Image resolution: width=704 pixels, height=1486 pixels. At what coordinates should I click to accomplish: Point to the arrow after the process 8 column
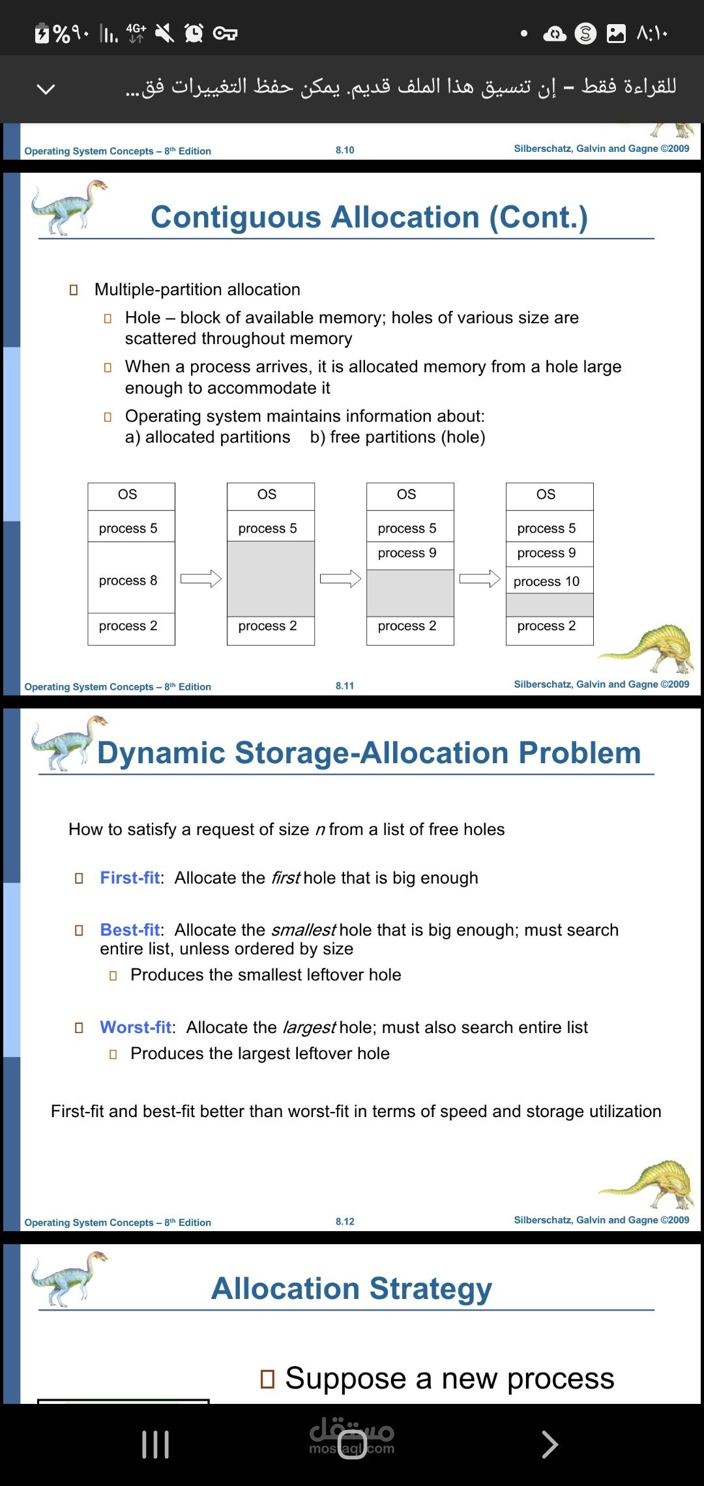coord(201,579)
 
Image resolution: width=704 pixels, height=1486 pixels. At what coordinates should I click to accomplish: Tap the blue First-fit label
coord(130,878)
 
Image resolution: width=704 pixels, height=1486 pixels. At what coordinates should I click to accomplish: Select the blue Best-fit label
coord(130,930)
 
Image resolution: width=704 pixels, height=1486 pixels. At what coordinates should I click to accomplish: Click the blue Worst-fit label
coord(136,1028)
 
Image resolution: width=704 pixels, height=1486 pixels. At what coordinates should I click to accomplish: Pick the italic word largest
coord(309,1028)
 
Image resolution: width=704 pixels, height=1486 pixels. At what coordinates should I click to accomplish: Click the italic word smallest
coord(303,930)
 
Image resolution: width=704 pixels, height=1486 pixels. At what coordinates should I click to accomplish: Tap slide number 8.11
coord(345,686)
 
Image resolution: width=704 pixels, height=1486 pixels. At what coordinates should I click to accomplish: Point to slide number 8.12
coord(345,1221)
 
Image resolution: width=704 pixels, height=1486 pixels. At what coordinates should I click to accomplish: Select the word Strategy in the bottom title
coord(430,1289)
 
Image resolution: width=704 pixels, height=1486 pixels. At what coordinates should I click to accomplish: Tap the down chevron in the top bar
coord(46,89)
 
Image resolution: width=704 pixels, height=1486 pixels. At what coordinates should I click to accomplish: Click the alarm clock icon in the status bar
coord(194,33)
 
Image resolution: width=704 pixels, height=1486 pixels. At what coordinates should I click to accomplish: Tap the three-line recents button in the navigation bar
coord(156,1444)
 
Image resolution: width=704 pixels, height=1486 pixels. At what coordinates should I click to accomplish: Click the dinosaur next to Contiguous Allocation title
coord(68,207)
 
